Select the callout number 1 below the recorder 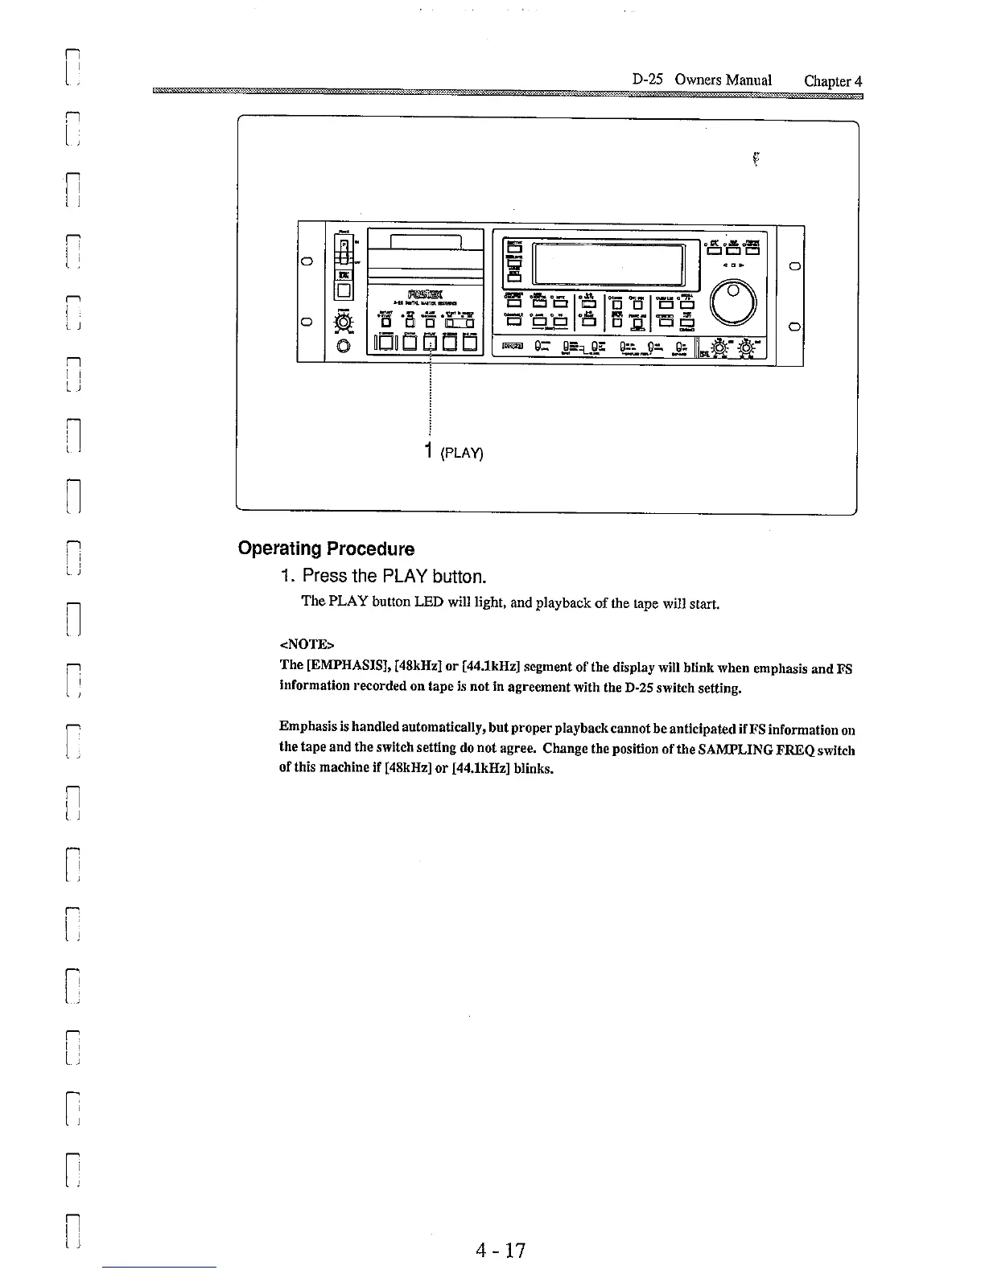(431, 450)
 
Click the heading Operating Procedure (326, 549)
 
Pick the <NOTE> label (305, 644)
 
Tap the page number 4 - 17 (500, 1250)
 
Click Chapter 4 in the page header (833, 80)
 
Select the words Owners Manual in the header (723, 80)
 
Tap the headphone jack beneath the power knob (344, 347)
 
